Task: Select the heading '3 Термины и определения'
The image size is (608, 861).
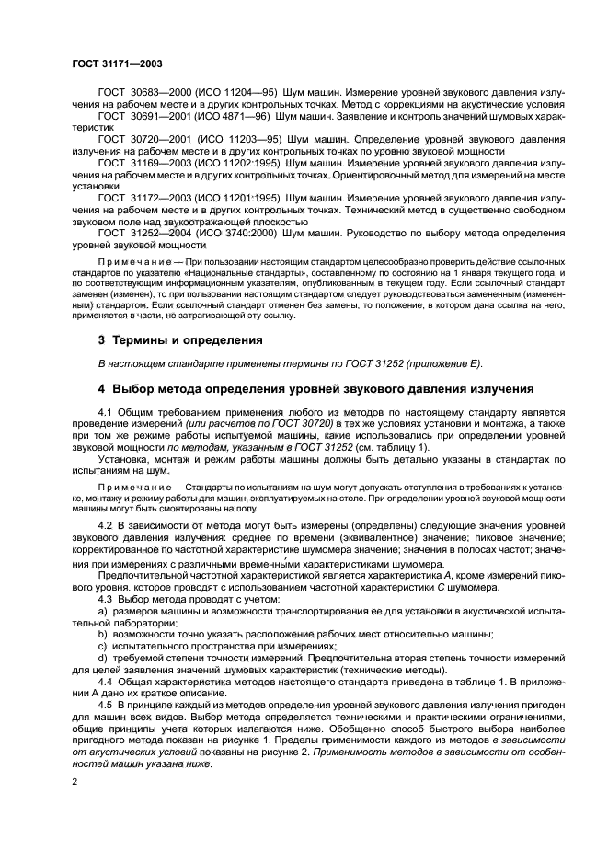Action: tap(175, 339)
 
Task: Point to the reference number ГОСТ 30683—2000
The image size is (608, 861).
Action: tap(140, 95)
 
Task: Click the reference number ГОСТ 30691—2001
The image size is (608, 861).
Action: tap(140, 116)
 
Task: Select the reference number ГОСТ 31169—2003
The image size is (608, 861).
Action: tap(140, 160)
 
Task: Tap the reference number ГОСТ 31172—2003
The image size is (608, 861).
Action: tap(140, 198)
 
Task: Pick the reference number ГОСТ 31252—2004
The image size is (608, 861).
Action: tap(140, 234)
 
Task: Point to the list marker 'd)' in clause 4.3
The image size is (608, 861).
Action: tap(102, 659)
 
